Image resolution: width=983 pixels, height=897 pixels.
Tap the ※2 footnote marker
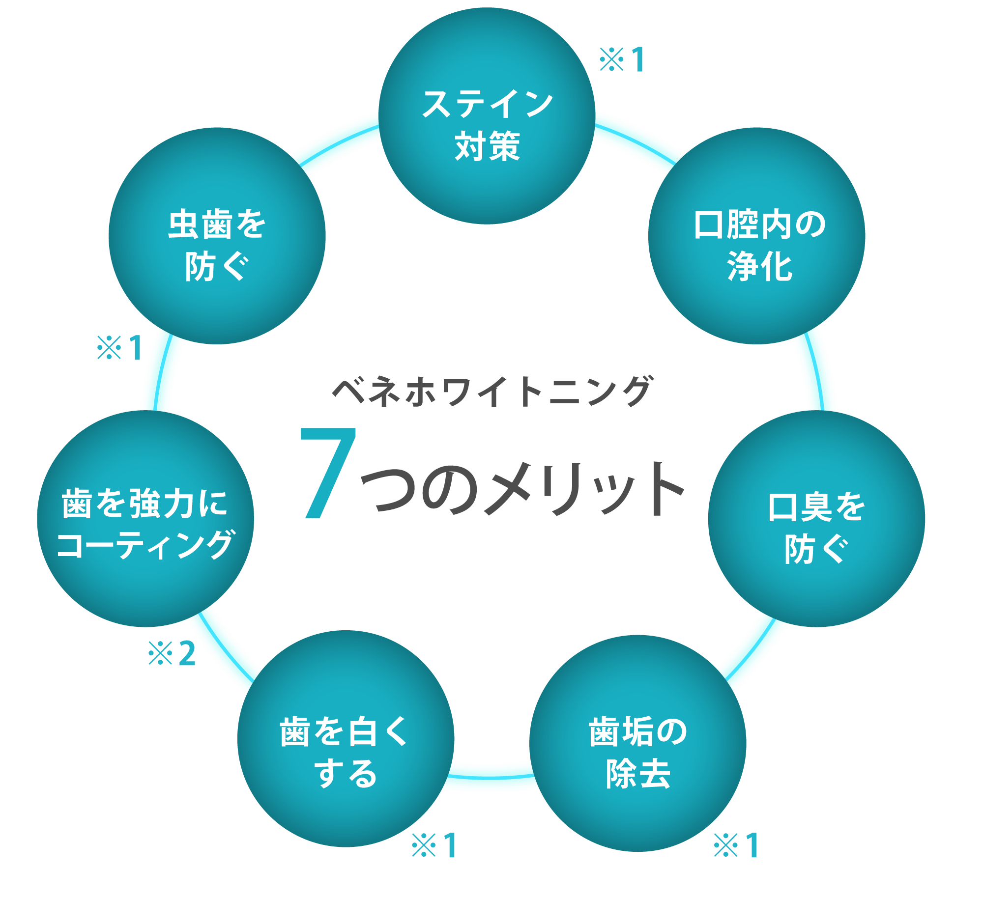click(173, 653)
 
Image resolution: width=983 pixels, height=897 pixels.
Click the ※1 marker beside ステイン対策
click(622, 60)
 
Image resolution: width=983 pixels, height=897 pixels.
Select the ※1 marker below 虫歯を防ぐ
click(119, 348)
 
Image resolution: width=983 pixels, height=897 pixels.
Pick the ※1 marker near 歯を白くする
click(434, 845)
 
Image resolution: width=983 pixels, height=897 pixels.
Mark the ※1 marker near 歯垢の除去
click(736, 845)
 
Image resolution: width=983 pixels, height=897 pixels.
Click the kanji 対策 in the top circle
click(487, 146)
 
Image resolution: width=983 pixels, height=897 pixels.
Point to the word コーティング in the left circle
click(145, 544)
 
